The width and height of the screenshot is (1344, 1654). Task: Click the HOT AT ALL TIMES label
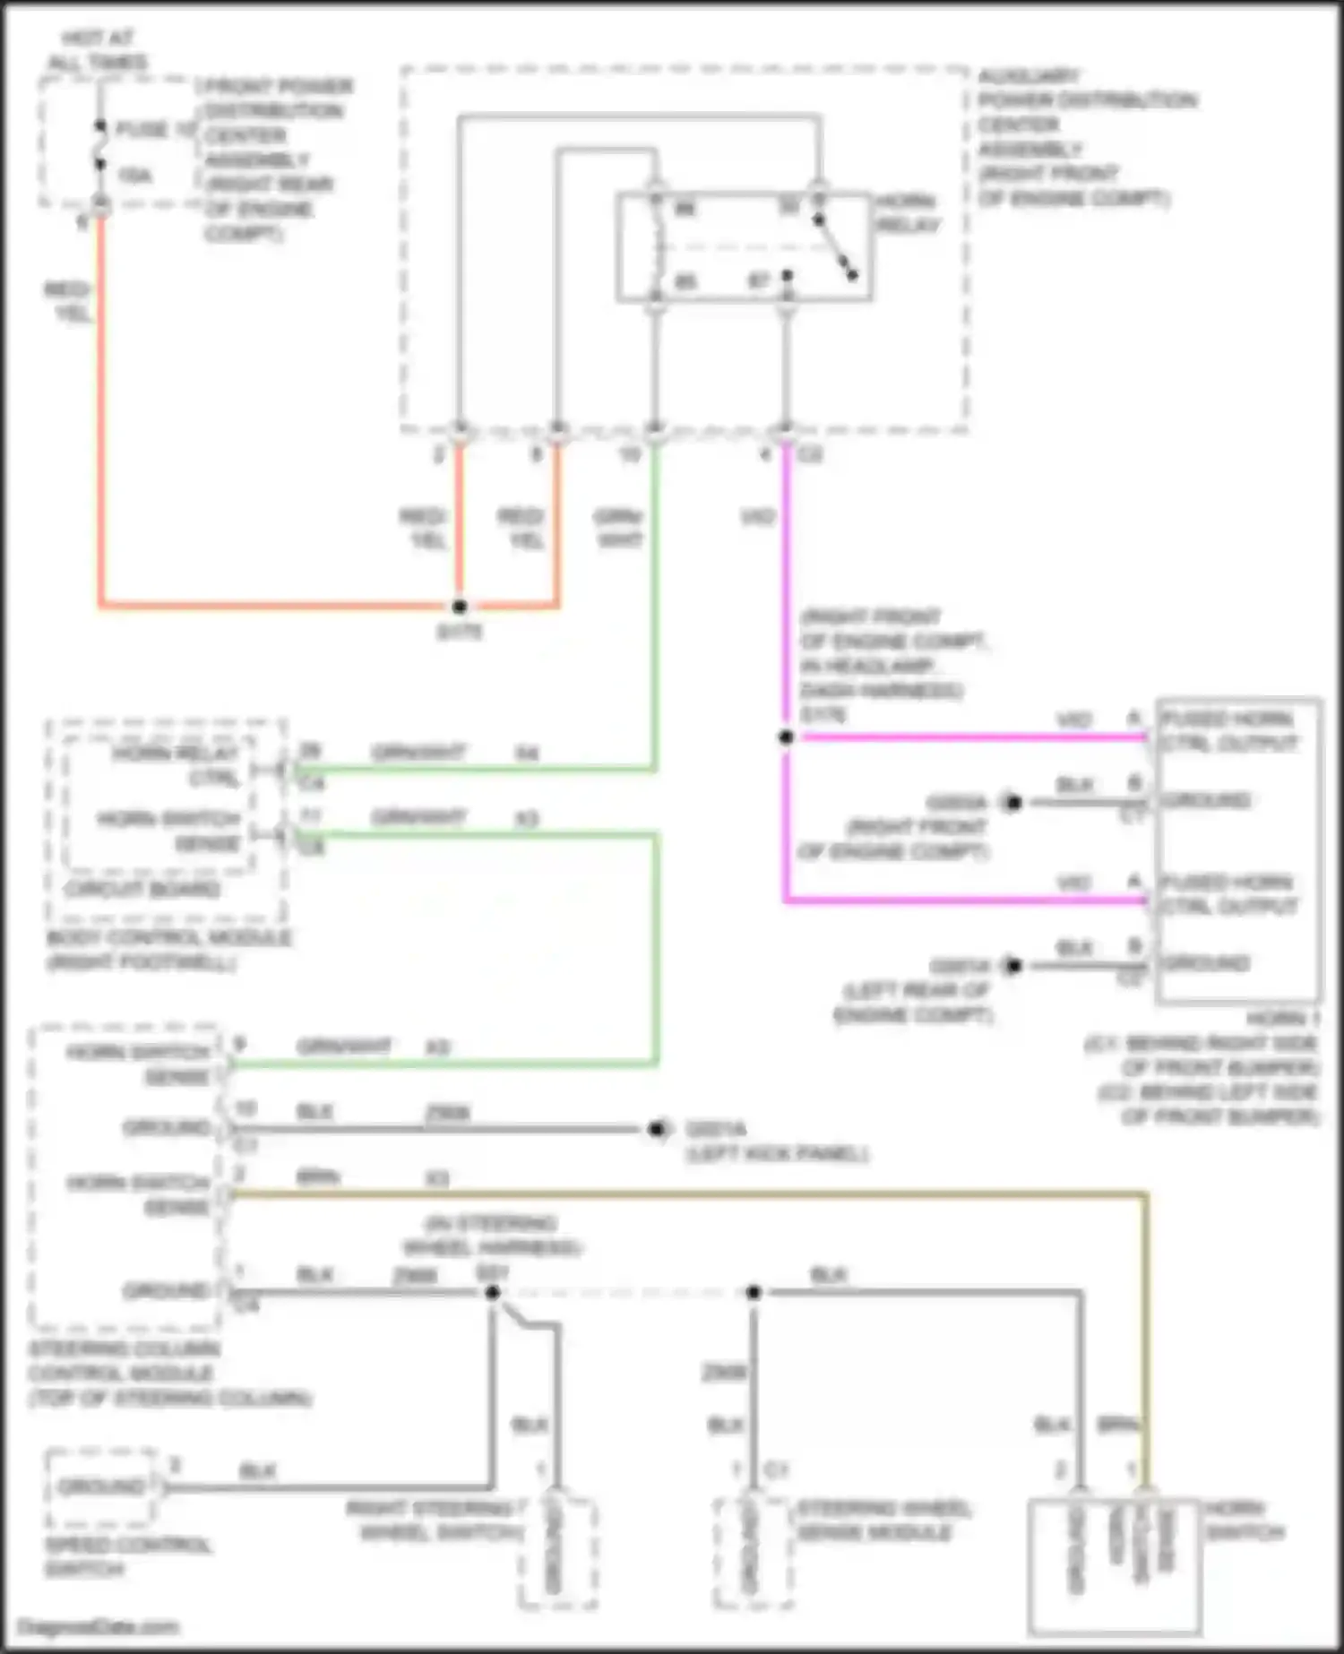(98, 50)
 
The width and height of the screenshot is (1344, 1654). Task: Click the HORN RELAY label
(907, 213)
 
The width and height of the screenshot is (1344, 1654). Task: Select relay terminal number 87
(759, 281)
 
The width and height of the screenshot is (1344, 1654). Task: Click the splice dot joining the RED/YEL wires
(460, 607)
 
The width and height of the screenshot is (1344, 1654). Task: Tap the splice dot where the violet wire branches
(786, 737)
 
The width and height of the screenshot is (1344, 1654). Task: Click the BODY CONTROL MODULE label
(168, 949)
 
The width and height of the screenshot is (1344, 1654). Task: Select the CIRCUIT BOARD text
(142, 890)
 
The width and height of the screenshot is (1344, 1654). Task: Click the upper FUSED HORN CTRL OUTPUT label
(1228, 730)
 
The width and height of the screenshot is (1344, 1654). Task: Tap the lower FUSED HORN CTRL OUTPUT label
(1228, 894)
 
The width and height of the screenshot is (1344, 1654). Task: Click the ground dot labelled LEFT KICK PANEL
(657, 1129)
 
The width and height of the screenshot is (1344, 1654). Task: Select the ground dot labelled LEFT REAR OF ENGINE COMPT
(1012, 966)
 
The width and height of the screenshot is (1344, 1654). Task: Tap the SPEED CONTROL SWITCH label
(128, 1556)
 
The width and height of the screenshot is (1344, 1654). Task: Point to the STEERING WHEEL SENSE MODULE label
(883, 1520)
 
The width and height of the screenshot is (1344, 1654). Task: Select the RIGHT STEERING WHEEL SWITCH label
(436, 1520)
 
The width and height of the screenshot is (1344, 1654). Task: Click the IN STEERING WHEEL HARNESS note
(493, 1235)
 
